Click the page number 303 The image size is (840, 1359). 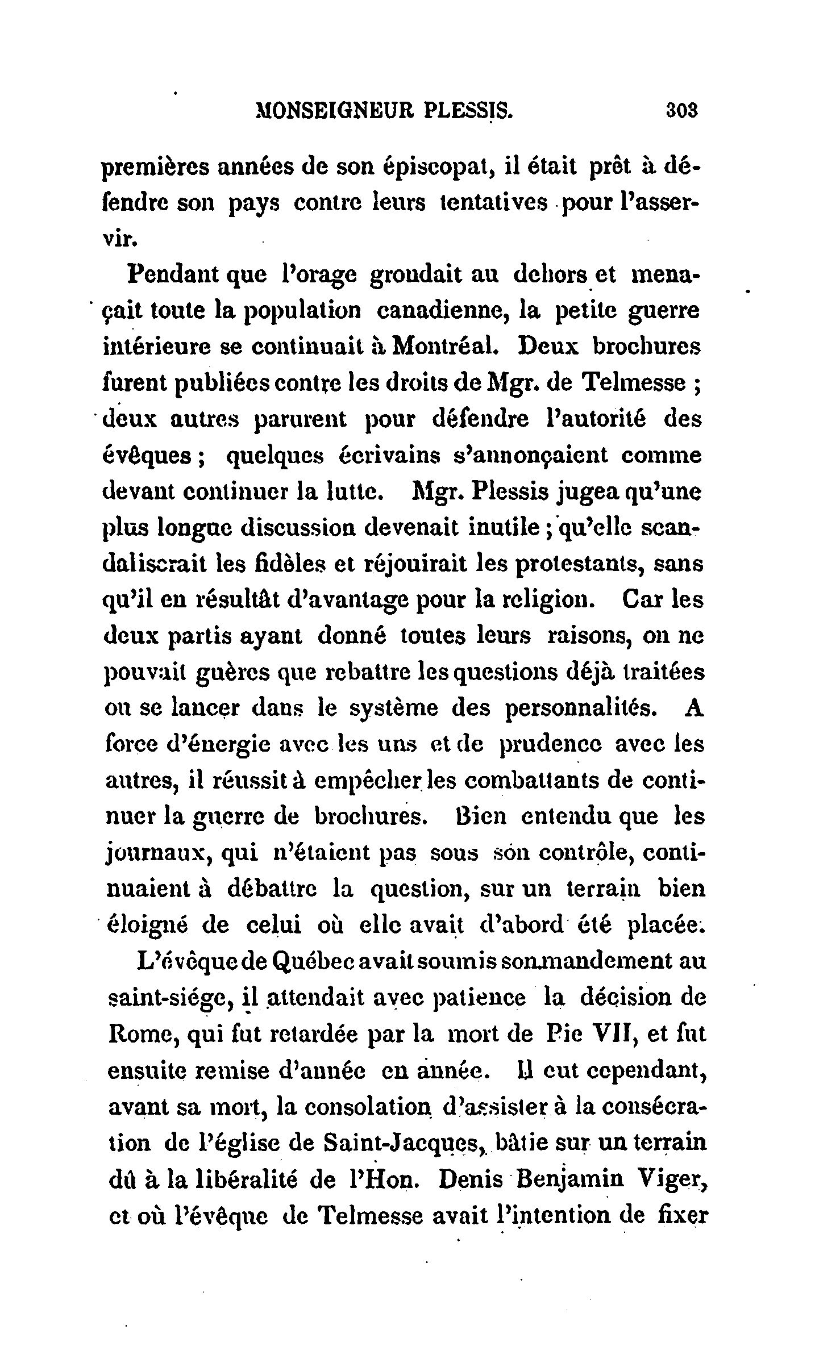point(681,109)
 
